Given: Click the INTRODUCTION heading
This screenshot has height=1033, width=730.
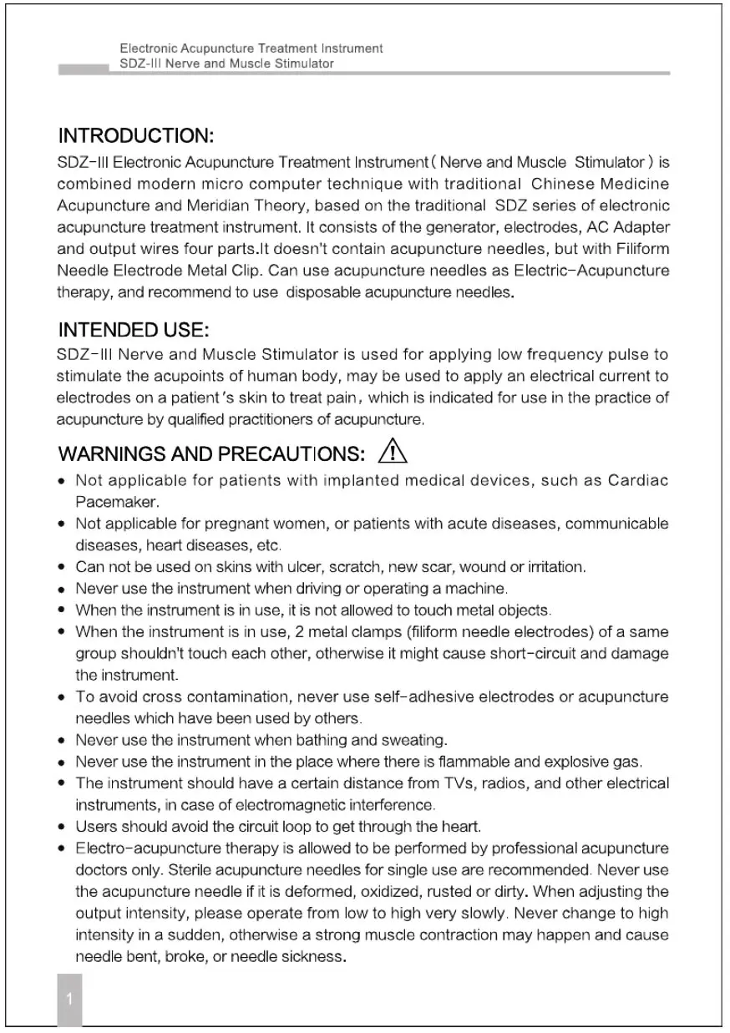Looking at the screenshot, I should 135,135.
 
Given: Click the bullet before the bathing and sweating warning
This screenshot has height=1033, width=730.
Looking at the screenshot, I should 63,740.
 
